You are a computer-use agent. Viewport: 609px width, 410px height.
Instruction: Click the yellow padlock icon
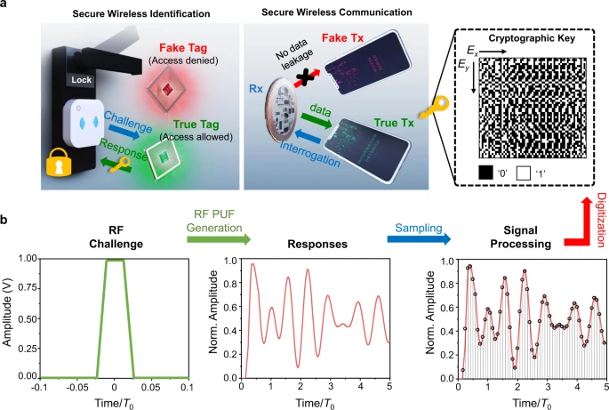(x=59, y=163)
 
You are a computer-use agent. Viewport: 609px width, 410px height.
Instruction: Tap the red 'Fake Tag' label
(x=183, y=48)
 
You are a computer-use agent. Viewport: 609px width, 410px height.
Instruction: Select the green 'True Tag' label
(x=196, y=125)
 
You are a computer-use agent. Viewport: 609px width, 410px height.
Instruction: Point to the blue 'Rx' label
(x=255, y=89)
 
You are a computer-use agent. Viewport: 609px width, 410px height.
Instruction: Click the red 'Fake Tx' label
(x=342, y=37)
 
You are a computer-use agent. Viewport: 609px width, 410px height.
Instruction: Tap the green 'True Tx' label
(x=394, y=123)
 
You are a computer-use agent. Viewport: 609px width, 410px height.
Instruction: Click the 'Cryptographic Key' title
(x=532, y=38)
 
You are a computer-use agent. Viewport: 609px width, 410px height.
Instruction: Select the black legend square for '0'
(x=485, y=173)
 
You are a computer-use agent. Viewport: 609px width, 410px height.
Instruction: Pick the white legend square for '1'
(x=523, y=173)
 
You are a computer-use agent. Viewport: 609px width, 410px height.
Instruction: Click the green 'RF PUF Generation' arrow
(x=219, y=240)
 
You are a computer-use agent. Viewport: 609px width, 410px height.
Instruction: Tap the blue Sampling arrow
(x=419, y=239)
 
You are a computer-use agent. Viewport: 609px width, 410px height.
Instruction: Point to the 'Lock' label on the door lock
(x=81, y=80)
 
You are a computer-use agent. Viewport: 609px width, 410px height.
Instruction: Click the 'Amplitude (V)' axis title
(x=7, y=313)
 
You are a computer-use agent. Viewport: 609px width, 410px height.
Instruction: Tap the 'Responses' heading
(x=317, y=244)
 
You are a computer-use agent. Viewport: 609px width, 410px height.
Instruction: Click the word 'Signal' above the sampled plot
(x=520, y=230)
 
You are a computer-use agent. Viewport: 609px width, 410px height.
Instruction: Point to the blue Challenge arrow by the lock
(x=124, y=133)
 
